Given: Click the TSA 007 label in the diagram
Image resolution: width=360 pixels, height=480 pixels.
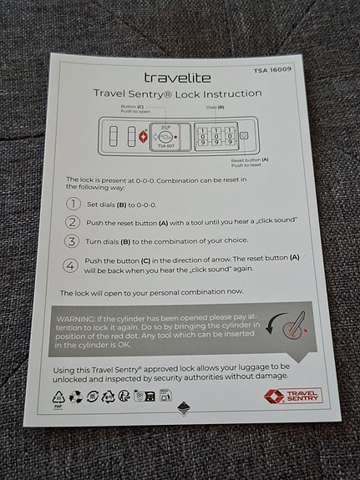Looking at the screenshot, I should [167, 146].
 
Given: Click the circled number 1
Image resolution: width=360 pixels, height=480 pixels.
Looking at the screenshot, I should [74, 204].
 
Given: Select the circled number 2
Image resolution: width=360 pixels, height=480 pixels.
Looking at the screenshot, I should [74, 222].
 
